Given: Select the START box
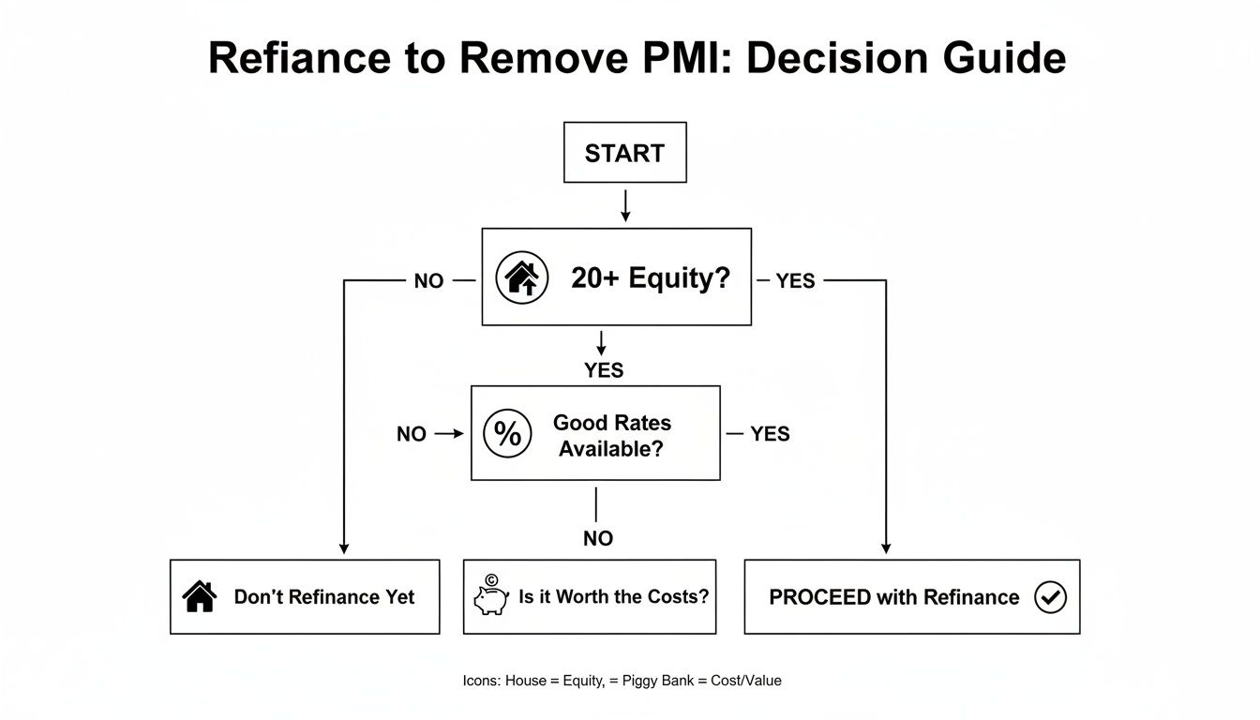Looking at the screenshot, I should tap(624, 153).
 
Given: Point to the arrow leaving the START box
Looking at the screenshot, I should tap(625, 205).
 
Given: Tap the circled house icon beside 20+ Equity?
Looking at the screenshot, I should tap(521, 277).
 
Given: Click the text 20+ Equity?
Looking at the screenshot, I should tap(650, 278).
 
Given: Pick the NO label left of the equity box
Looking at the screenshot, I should tap(428, 281).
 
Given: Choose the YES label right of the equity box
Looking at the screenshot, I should tap(795, 281).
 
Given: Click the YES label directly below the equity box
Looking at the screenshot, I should tap(604, 370).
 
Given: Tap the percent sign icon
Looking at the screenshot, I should tap(507, 433).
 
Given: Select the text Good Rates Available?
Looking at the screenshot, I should tap(611, 435).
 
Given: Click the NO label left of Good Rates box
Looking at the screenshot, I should tap(412, 434).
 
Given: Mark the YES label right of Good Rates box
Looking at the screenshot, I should tap(770, 434).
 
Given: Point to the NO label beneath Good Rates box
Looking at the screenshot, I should tap(597, 538).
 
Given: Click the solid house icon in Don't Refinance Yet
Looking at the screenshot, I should tap(200, 596).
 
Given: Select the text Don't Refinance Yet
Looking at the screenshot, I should tap(323, 597).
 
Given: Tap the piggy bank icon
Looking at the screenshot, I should tap(490, 597).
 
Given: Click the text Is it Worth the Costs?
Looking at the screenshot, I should tap(613, 596).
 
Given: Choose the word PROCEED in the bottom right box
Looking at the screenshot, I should tap(818, 597).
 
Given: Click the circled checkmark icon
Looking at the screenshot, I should tap(1050, 596).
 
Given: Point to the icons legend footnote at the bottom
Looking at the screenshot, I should tap(622, 681).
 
